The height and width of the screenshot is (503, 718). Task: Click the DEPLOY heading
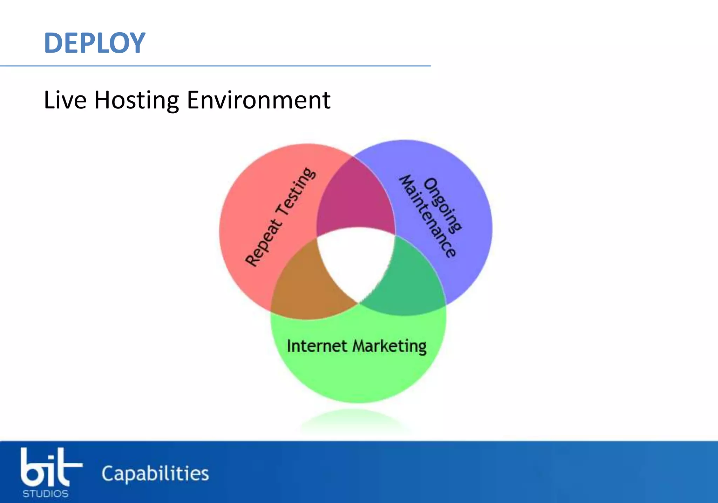[x=95, y=43]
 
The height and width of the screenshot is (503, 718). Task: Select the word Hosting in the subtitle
[x=137, y=101]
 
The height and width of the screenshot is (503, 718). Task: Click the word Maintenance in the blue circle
[x=428, y=216]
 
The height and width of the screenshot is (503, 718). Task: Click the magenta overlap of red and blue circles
[x=356, y=200]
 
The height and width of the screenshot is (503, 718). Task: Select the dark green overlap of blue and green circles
[x=407, y=281]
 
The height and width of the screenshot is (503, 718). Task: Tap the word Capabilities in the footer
[x=155, y=474]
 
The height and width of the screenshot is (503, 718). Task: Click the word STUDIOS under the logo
[x=46, y=494]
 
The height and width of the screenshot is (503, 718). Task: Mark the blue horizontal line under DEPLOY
[x=215, y=66]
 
